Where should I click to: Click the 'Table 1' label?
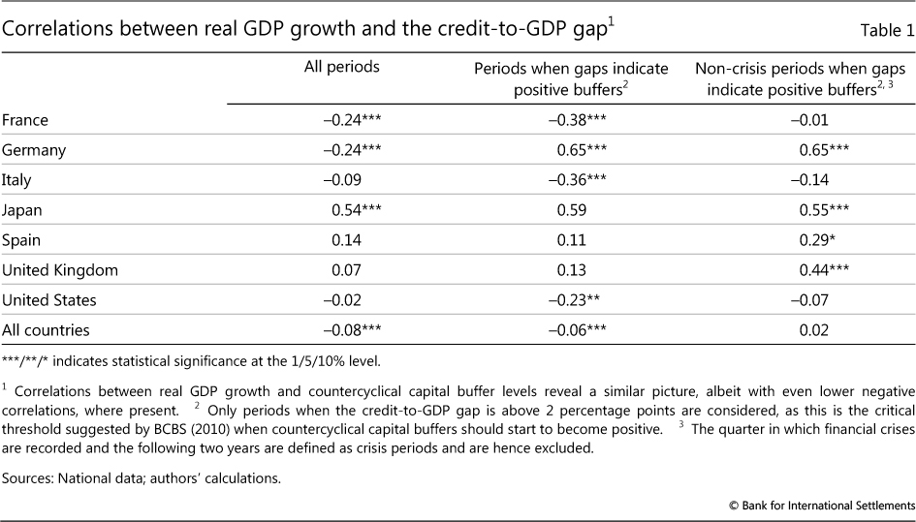point(887,31)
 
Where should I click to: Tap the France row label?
point(25,120)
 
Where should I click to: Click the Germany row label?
point(34,150)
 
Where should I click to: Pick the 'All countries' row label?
point(46,330)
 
